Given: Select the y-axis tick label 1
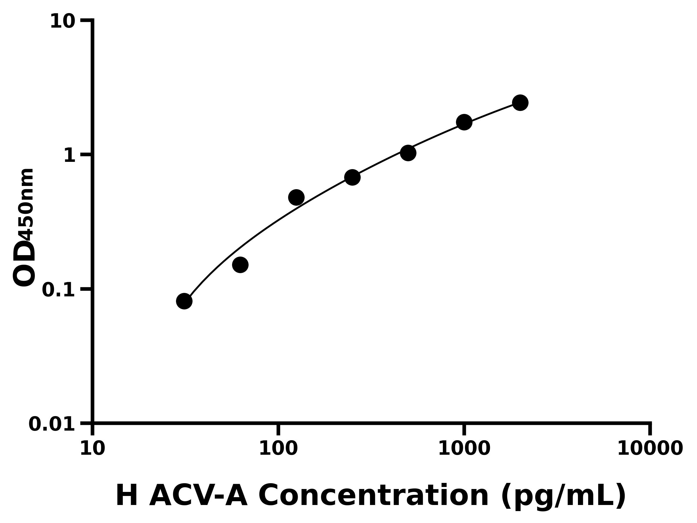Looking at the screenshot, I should click(x=70, y=156).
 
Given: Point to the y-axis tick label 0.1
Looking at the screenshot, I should click(x=59, y=290).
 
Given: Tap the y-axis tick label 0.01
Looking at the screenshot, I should click(x=52, y=424).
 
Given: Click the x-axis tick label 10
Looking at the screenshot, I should click(x=92, y=448).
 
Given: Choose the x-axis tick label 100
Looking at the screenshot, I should click(x=278, y=448).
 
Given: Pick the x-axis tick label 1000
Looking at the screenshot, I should click(x=464, y=448).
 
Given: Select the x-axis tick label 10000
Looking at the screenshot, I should click(x=650, y=448).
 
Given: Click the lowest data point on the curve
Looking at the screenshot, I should click(x=184, y=301).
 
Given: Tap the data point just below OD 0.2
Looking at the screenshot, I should click(x=240, y=264).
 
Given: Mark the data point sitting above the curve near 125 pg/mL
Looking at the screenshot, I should click(x=296, y=198).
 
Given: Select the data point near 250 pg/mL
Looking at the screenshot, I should click(x=352, y=178).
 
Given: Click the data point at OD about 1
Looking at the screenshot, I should click(x=408, y=153).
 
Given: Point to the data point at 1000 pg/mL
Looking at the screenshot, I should click(x=464, y=122).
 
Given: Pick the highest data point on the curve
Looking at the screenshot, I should click(x=520, y=103).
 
